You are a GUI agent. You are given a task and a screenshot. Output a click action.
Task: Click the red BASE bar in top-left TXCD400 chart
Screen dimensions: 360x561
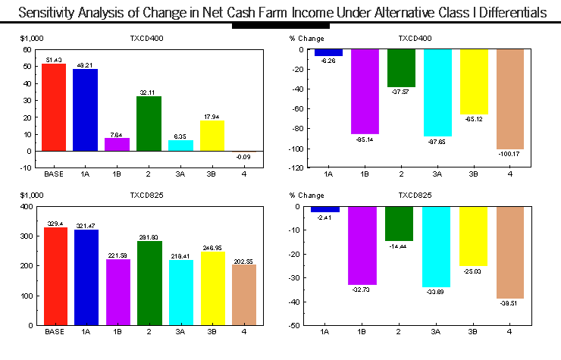coord(54,107)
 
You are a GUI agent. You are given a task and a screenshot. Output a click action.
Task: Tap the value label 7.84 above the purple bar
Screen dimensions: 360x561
coord(117,134)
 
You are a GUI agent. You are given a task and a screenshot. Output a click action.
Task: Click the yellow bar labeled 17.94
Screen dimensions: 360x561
coord(212,136)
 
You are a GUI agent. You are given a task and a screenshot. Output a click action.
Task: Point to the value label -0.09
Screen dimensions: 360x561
coord(243,157)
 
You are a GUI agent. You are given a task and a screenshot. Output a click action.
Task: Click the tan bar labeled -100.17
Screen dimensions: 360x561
coord(509,99)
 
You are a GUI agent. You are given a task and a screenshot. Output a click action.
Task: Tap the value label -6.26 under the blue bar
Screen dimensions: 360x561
coord(328,60)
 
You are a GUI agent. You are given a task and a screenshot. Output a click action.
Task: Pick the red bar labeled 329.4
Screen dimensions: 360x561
coord(54,276)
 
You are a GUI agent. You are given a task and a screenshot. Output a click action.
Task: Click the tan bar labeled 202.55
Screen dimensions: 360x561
coord(243,295)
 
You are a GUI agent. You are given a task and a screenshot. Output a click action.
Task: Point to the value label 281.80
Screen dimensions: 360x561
coord(149,237)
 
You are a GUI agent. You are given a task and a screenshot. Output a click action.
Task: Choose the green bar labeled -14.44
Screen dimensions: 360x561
coord(400,224)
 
